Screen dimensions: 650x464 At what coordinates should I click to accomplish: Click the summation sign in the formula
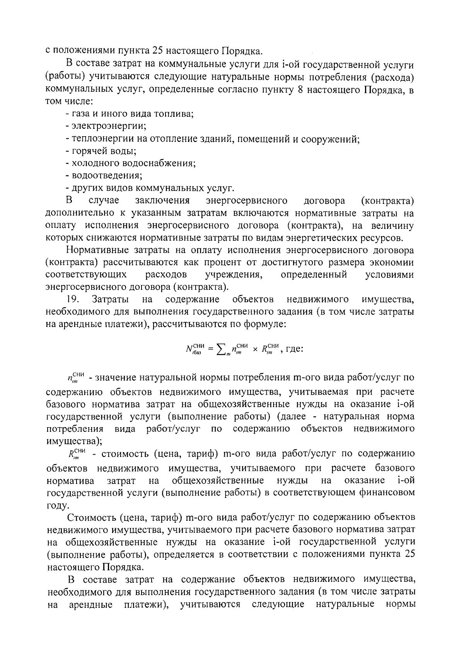coord(221,349)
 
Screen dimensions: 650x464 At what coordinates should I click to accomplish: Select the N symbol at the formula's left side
coord(189,349)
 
